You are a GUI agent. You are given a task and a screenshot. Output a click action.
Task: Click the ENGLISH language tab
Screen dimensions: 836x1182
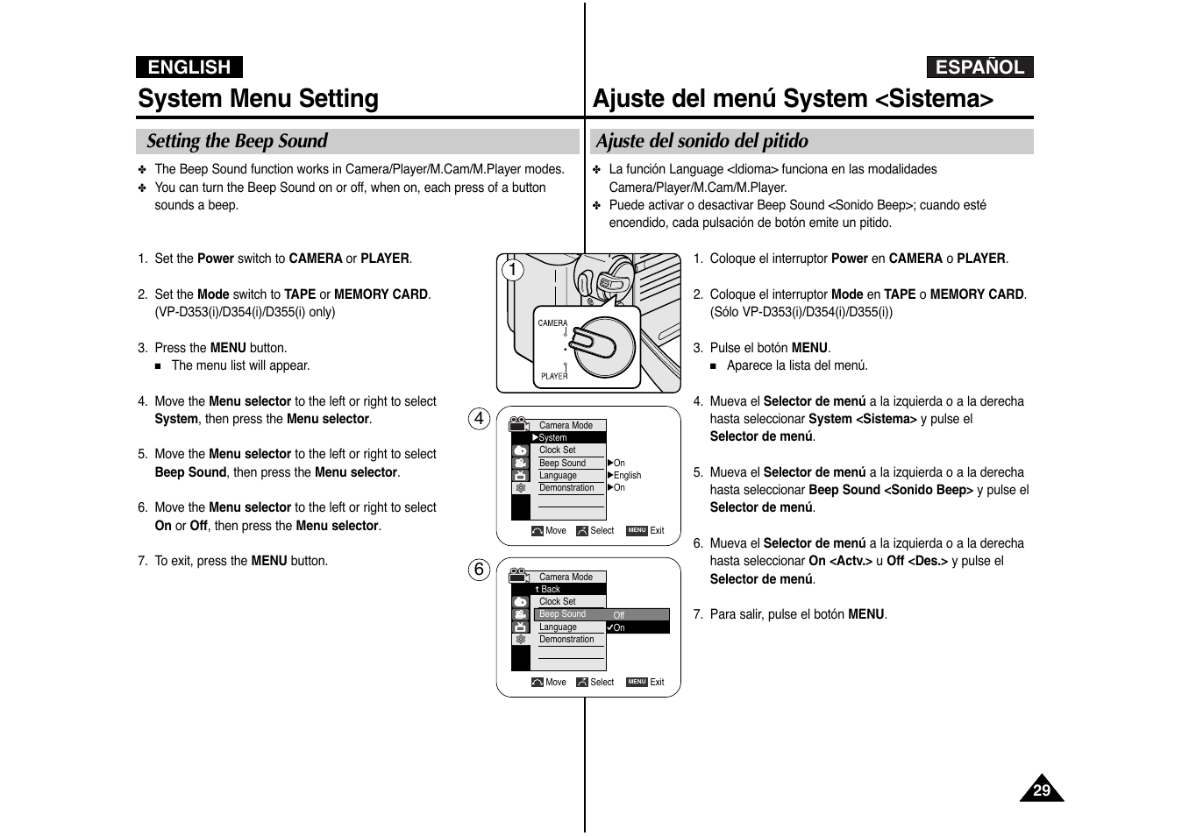click(189, 67)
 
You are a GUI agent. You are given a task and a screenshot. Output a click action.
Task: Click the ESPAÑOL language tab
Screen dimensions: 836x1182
click(979, 67)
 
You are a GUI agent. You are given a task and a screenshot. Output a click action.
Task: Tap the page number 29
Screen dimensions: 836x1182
click(1041, 790)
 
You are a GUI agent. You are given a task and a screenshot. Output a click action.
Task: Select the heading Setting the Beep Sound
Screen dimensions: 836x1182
click(237, 141)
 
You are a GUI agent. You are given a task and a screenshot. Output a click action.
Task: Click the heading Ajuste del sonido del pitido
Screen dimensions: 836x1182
click(701, 141)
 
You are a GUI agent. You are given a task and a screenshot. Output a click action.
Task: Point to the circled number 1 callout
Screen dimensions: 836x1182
click(513, 270)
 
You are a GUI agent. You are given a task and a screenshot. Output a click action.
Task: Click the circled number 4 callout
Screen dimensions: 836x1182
click(479, 419)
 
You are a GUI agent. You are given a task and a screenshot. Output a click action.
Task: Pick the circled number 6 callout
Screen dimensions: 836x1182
click(479, 570)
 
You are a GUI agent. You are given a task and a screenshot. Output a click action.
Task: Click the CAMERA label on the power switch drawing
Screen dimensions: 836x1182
click(552, 323)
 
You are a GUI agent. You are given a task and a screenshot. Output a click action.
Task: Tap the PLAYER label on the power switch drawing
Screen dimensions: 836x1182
click(554, 376)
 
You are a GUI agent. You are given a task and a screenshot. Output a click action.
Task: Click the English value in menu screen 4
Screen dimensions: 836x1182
click(627, 475)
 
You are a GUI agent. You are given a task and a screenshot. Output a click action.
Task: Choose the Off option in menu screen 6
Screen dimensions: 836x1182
click(619, 615)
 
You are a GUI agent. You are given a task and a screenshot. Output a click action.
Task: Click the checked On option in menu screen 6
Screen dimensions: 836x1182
click(619, 627)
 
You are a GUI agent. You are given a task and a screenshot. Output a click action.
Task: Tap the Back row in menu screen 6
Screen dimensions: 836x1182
click(551, 589)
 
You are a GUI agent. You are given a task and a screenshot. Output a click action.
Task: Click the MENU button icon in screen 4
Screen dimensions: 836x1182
click(637, 530)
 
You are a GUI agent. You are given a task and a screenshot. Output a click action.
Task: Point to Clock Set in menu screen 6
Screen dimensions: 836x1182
click(558, 601)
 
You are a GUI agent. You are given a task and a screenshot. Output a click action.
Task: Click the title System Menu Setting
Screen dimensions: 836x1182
click(258, 98)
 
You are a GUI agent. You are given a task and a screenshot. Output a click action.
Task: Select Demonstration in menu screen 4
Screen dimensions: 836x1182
click(566, 487)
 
